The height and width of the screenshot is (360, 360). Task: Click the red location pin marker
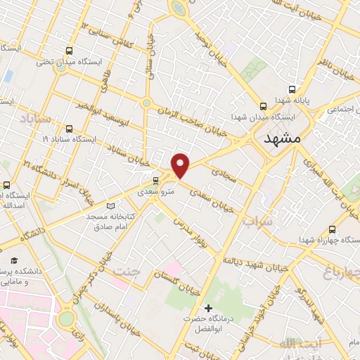[x=181, y=165]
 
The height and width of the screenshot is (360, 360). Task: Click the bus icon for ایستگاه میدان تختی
[x=69, y=51]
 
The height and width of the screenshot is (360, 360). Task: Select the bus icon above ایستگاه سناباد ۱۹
[x=69, y=129]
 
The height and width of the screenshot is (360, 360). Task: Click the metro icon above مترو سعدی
[x=155, y=181]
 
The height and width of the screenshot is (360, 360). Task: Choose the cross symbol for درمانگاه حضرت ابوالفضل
[x=208, y=308]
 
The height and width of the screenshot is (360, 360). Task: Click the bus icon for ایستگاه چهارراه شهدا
[x=332, y=229]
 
